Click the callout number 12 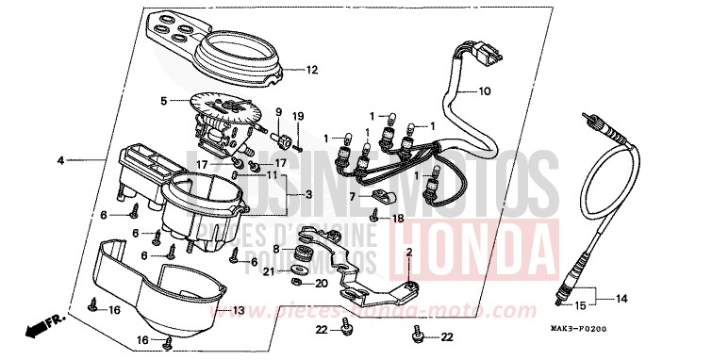pos(312,70)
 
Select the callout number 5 pos(162,100)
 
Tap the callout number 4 pos(60,161)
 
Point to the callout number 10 pos(485,92)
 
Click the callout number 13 pos(239,310)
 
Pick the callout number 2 pos(409,254)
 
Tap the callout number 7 pos(352,198)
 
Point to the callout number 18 pos(398,218)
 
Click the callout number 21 pos(269,272)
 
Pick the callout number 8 pos(277,248)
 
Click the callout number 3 pos(308,194)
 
